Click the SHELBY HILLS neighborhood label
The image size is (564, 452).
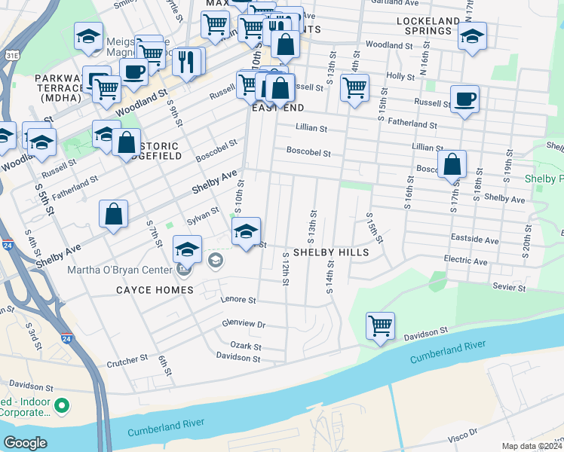331,252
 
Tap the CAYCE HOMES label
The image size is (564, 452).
155,289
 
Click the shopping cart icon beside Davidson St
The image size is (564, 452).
380,326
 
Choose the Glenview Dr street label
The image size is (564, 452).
244,324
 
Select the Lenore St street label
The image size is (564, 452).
238,300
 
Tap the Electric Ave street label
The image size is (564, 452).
466,261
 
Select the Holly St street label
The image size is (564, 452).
395,76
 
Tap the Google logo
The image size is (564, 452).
26,442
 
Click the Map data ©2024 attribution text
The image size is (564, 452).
532,446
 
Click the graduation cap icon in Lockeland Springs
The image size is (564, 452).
472,36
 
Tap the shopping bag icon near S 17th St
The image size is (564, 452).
452,165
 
